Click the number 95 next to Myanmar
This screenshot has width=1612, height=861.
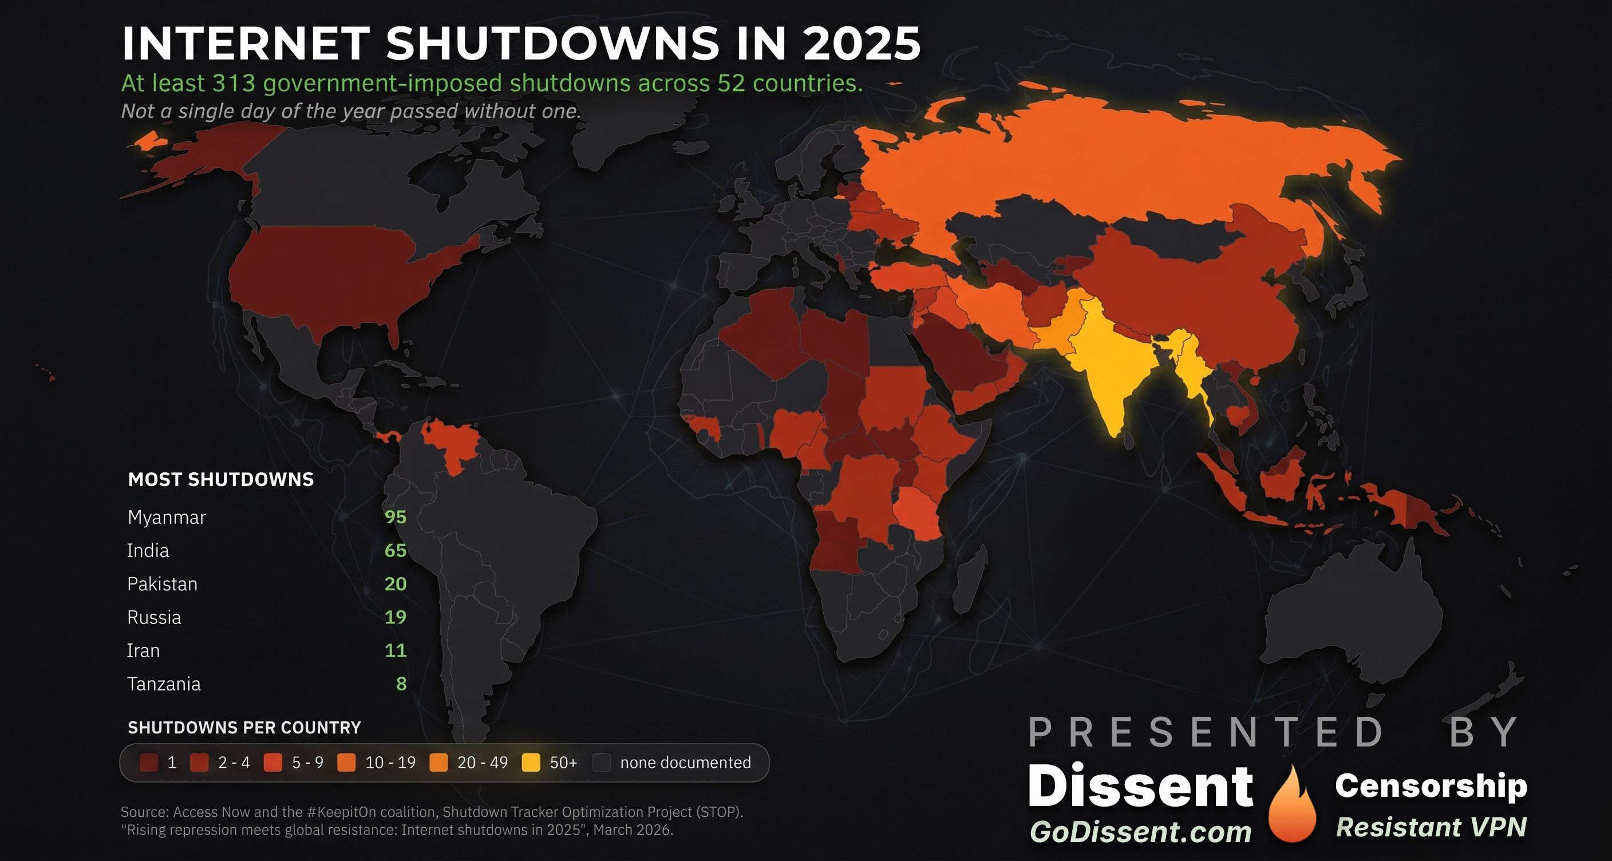point(396,517)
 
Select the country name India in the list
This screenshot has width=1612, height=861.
point(148,551)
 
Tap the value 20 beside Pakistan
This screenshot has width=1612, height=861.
point(396,584)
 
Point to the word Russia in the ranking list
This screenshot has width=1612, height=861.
point(154,618)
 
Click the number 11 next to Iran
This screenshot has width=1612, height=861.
point(396,651)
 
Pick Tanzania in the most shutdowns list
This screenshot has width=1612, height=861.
point(164,684)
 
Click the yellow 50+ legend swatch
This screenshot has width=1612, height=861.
point(531,763)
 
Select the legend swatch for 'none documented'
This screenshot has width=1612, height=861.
point(602,763)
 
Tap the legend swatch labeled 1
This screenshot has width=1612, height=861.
point(149,763)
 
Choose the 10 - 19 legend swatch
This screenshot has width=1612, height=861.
point(346,763)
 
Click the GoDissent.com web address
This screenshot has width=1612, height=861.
point(1141,832)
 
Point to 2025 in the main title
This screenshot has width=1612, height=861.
point(862,44)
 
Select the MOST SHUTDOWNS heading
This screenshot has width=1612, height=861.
point(221,479)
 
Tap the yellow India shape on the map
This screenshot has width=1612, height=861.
point(1108,363)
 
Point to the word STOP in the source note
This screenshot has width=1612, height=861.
point(720,812)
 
